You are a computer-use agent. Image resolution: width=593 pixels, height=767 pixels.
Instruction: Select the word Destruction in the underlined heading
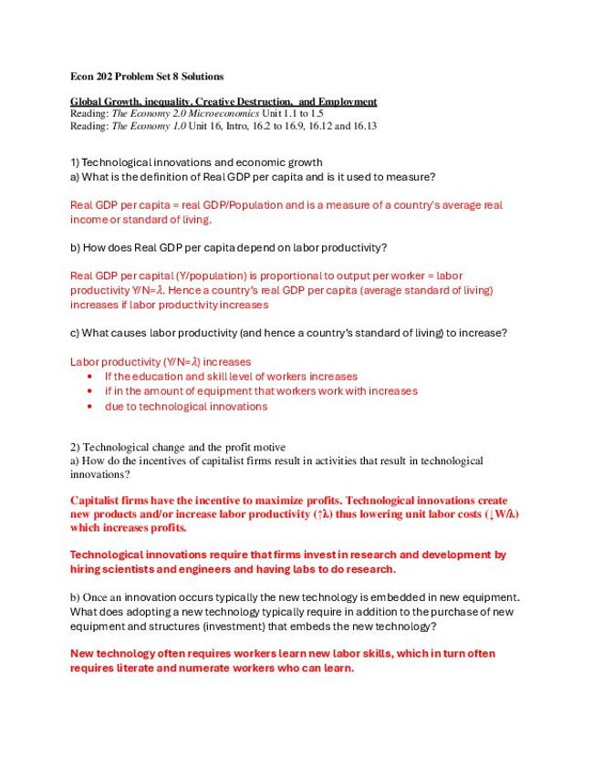click(264, 101)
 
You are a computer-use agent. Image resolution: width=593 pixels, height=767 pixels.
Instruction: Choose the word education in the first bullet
click(168, 376)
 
